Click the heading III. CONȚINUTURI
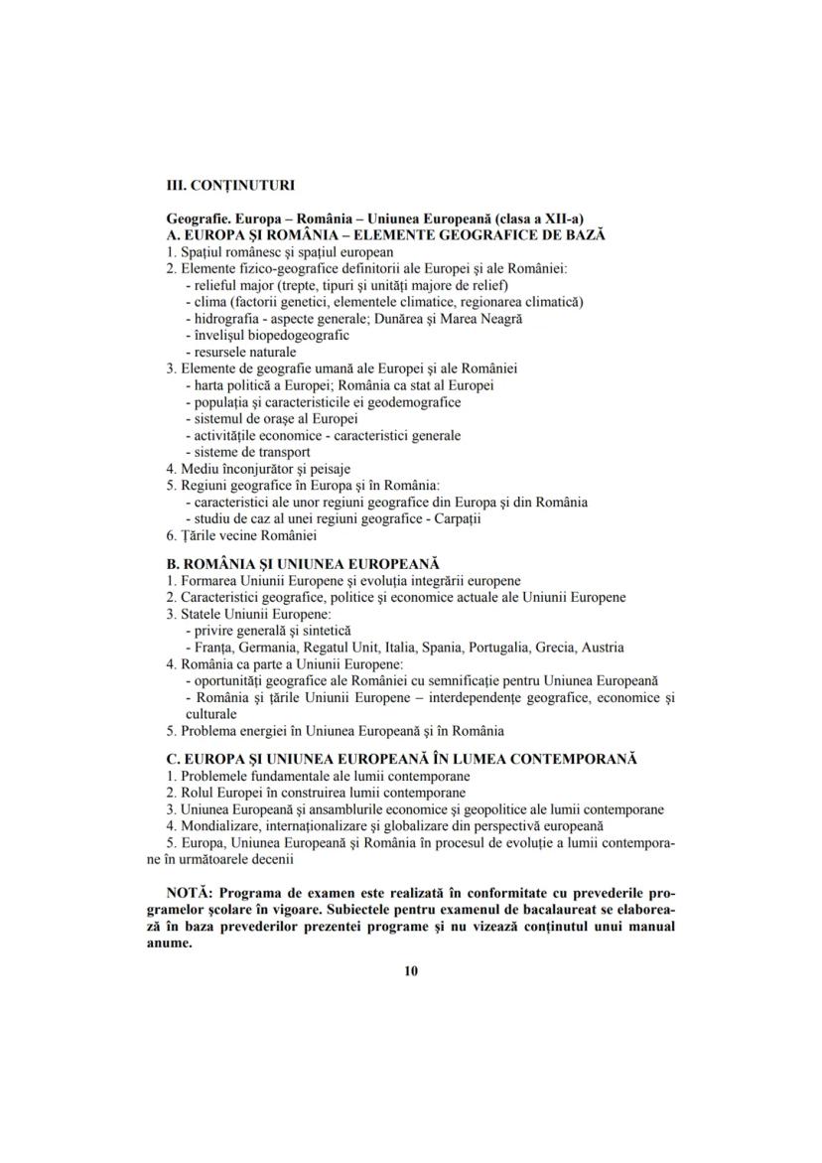click(x=229, y=185)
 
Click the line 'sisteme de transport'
click(x=245, y=452)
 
